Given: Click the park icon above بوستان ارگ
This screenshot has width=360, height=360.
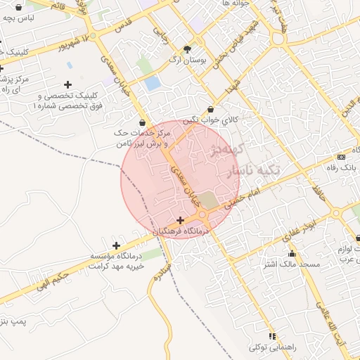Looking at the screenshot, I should [x=187, y=49].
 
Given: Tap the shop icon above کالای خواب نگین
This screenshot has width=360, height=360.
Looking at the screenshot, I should [x=211, y=109].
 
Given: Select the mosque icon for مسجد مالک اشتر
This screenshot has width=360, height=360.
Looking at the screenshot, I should [x=292, y=253].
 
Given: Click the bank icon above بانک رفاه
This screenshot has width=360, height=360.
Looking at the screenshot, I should [x=342, y=156].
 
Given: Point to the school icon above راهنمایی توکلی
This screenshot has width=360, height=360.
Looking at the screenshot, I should [x=272, y=336].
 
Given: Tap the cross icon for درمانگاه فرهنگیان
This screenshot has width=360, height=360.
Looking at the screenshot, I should [x=181, y=220].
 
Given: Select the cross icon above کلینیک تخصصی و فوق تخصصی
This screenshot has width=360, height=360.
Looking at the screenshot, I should [x=68, y=85].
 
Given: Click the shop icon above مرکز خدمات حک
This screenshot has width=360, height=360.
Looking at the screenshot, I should [x=143, y=123].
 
